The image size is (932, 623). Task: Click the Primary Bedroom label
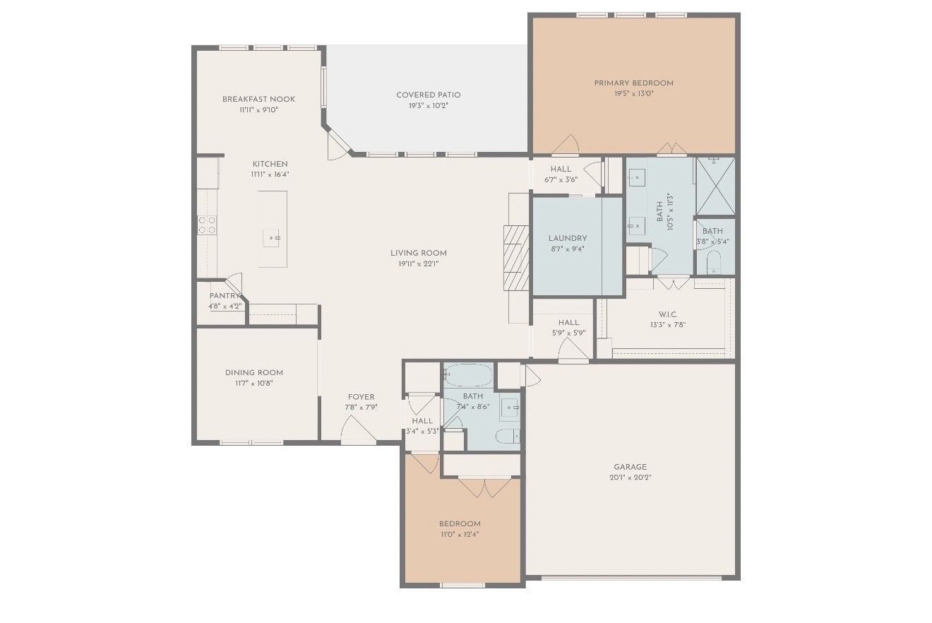633,83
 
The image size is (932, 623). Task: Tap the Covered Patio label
429,95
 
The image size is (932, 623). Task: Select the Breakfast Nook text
259,99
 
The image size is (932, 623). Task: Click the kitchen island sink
271,238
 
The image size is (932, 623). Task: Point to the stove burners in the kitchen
207,225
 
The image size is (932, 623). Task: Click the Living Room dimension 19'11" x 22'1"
419,264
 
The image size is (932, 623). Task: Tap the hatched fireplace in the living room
516,258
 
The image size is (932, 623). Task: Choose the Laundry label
568,238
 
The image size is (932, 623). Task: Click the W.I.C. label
668,314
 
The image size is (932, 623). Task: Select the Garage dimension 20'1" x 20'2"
631,477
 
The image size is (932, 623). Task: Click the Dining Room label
254,372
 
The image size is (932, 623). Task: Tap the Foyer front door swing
358,430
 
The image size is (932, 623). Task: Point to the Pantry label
225,295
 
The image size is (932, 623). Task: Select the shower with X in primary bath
715,186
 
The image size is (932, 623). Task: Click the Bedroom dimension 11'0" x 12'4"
460,535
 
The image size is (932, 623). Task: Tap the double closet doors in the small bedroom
485,488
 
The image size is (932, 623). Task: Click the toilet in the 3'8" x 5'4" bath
714,262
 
